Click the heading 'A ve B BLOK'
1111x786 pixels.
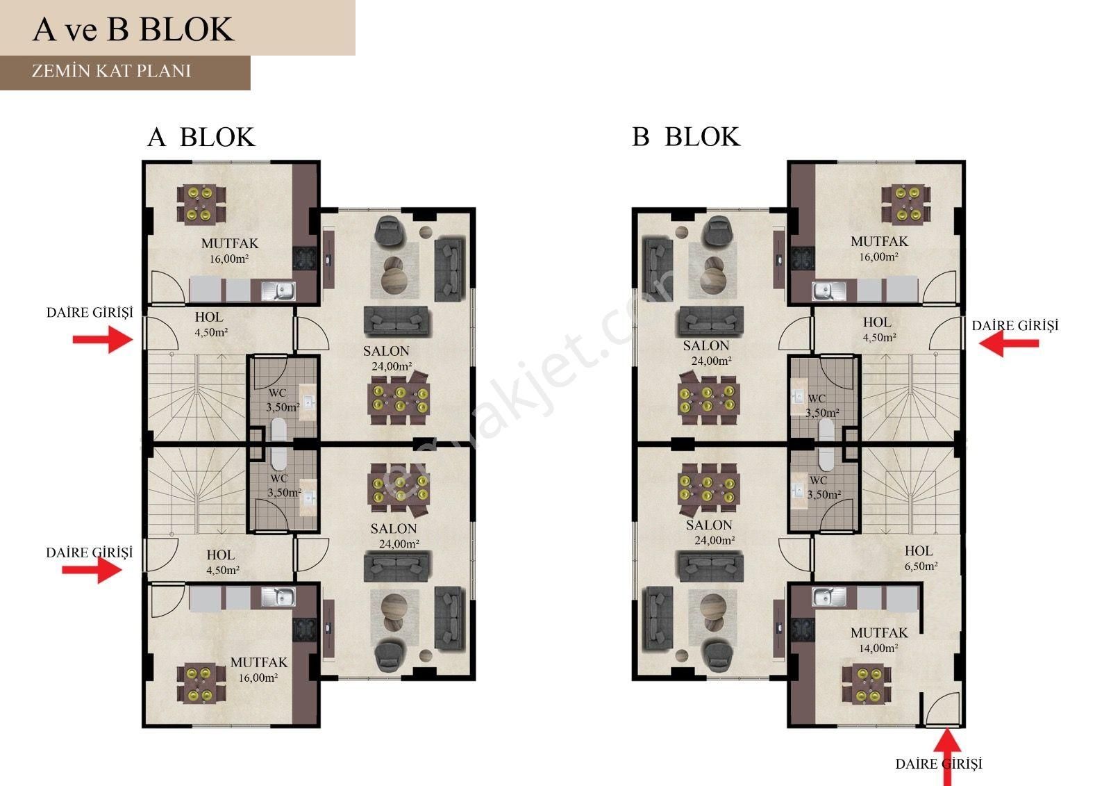pyautogui.click(x=133, y=29)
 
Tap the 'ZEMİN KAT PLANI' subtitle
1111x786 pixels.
pyautogui.click(x=111, y=71)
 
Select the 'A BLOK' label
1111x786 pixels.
pyautogui.click(x=201, y=137)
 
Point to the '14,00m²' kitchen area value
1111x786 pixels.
pyautogui.click(x=878, y=648)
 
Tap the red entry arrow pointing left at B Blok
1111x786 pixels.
pyautogui.click(x=1009, y=343)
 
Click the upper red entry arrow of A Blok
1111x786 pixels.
pyautogui.click(x=103, y=340)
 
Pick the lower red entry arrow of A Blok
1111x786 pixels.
pyautogui.click(x=92, y=570)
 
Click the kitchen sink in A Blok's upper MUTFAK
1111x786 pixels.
pyautogui.click(x=278, y=290)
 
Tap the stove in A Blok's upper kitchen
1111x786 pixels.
pyautogui.click(x=305, y=259)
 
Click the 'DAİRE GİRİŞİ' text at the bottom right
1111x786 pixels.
pyautogui.click(x=939, y=764)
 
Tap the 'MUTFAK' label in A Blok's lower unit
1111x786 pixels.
pyautogui.click(x=259, y=662)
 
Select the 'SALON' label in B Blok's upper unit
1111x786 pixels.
pyautogui.click(x=706, y=345)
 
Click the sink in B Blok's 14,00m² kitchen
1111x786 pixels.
pyautogui.click(x=829, y=597)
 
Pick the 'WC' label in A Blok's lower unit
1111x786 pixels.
pyautogui.click(x=278, y=479)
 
